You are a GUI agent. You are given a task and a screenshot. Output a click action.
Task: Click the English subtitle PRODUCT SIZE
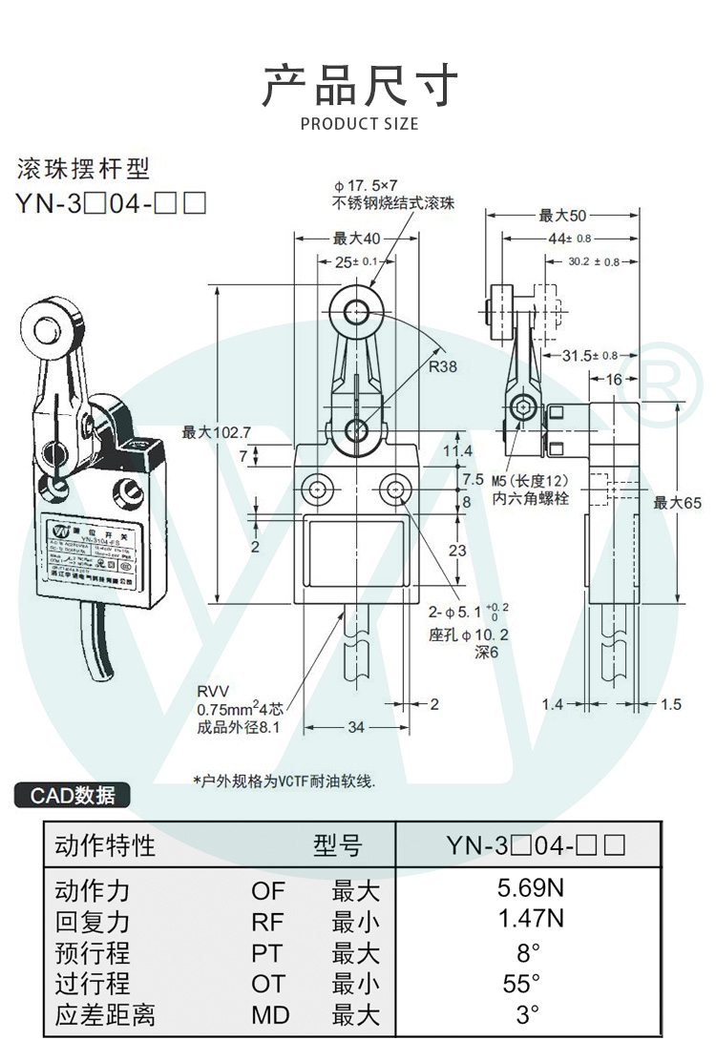(359, 124)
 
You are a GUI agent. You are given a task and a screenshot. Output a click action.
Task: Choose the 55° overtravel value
(522, 983)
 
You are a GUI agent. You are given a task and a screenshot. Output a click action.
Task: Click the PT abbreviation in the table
(270, 953)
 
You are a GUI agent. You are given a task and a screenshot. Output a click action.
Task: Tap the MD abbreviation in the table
(270, 1015)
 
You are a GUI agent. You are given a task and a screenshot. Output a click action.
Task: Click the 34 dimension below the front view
(354, 728)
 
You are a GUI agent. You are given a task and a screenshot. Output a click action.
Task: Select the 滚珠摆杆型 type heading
(84, 170)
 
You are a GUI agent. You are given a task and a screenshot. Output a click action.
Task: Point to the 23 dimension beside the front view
(459, 550)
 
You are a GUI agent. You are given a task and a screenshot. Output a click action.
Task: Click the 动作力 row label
(93, 891)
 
